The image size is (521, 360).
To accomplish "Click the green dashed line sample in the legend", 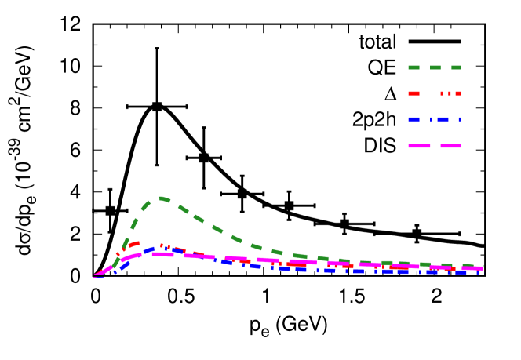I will click(x=435, y=67).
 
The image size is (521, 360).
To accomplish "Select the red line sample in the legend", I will click(x=435, y=93).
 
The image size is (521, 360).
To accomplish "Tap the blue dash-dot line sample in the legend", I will click(x=435, y=120).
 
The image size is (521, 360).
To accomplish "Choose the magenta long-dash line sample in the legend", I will click(x=435, y=146).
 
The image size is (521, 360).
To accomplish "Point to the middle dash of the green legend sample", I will click(x=435, y=67).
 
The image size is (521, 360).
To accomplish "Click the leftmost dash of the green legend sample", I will click(x=414, y=67).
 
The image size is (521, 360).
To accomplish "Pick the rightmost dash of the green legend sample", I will click(x=456, y=67).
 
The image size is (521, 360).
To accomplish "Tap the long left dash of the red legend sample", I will click(x=414, y=93).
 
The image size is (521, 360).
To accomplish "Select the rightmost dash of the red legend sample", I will click(x=458, y=93).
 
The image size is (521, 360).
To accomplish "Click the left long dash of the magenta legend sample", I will click(x=419, y=146).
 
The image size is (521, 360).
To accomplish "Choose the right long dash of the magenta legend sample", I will click(x=450, y=146).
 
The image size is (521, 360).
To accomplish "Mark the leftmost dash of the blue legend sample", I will click(x=414, y=120).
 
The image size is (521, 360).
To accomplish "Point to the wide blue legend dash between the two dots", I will click(x=443, y=120).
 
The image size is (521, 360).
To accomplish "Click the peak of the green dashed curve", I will click(x=160, y=198).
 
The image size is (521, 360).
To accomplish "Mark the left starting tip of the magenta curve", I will click(x=95, y=275).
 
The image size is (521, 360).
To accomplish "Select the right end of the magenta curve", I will click(x=482, y=268).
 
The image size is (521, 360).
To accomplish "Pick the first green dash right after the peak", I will click(x=183, y=209).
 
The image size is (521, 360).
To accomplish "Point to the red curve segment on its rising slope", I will click(x=126, y=246).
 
